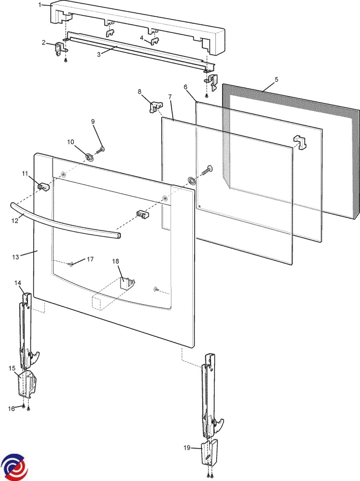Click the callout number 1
[40, 4]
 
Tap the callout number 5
[276, 79]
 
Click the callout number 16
[12, 408]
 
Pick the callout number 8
[140, 92]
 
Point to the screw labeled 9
[100, 151]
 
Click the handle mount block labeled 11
[43, 186]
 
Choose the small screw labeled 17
[71, 264]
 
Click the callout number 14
[18, 283]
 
